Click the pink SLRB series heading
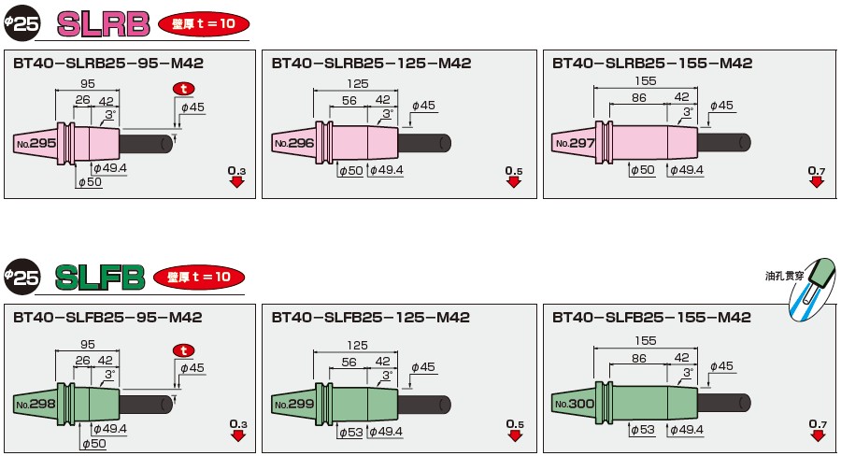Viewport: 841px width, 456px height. tap(103, 24)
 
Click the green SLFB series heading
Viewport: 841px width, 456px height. tap(100, 278)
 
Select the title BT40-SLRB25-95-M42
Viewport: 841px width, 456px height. tap(108, 64)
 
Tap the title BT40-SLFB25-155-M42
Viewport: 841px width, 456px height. tap(651, 317)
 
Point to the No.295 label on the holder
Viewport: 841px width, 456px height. tap(36, 143)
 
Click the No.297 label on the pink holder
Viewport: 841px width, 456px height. tap(575, 143)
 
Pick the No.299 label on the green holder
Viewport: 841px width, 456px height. tap(294, 404)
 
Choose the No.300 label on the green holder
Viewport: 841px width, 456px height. tap(575, 404)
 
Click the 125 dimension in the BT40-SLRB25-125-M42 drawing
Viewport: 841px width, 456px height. tap(357, 84)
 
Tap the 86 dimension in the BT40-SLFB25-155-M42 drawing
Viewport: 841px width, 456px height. tap(639, 359)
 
